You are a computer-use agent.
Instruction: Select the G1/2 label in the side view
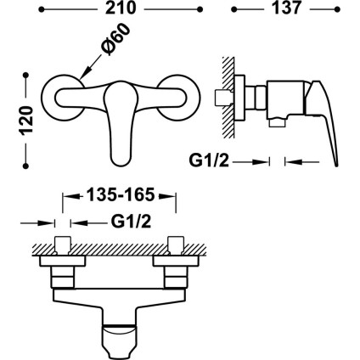(x=210, y=159)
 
